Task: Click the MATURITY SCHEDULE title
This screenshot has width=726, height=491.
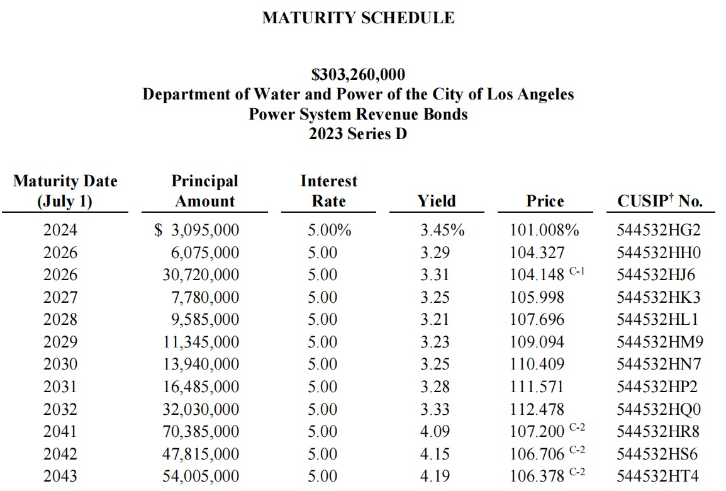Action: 359,18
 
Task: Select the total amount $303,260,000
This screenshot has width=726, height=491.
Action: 359,74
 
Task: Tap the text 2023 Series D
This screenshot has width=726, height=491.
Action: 358,134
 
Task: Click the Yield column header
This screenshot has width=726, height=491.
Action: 437,201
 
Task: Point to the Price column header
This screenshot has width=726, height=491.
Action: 545,201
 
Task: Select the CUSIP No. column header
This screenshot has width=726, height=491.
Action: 660,201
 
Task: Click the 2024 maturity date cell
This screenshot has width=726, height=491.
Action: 60,230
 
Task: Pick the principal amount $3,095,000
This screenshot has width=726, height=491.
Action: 197,230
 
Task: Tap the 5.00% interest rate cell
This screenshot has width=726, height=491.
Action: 330,230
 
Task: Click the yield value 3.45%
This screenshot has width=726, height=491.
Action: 442,230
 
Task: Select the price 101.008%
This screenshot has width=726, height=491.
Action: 545,230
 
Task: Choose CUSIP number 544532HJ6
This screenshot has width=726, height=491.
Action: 656,274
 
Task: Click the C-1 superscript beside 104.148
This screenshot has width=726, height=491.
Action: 577,271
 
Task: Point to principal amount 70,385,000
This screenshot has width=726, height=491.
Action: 201,432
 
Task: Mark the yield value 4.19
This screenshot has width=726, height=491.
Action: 435,476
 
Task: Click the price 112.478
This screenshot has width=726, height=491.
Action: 537,409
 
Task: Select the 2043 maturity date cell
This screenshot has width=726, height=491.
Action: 60,476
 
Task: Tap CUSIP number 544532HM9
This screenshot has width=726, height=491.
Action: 660,342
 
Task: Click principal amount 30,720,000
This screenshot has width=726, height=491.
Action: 201,274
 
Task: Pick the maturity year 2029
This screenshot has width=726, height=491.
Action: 60,342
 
